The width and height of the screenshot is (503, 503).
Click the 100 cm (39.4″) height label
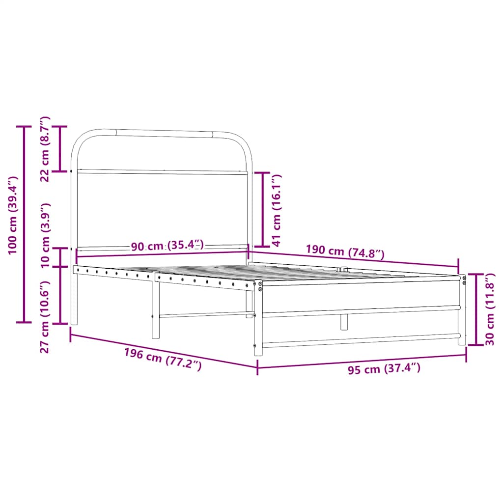click(13, 215)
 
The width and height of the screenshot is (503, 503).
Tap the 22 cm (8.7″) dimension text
click(45, 149)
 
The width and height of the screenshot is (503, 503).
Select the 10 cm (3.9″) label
click(45, 235)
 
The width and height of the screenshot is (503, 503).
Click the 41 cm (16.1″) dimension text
click(276, 210)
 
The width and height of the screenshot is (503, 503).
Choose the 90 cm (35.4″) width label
click(167, 246)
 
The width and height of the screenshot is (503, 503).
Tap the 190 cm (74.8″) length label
click(345, 251)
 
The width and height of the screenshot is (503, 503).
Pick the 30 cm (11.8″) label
click(490, 309)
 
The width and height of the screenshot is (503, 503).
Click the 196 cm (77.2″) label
click(163, 360)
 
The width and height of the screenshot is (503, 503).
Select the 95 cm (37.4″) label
click(384, 368)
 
